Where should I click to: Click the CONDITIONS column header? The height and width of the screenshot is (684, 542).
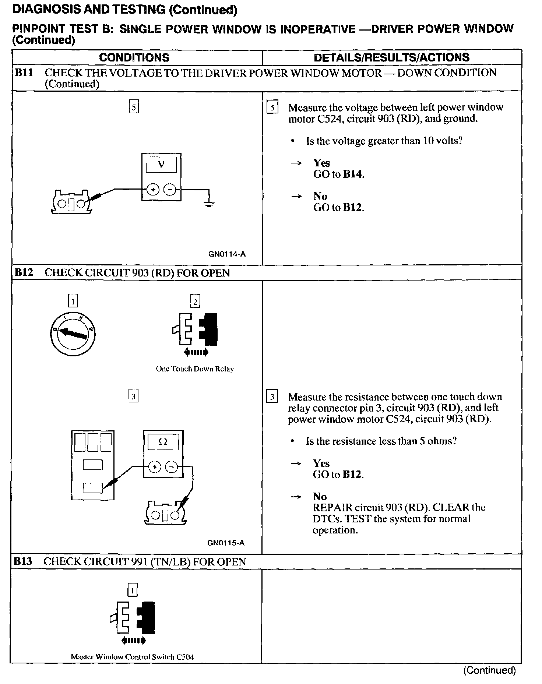tap(134, 57)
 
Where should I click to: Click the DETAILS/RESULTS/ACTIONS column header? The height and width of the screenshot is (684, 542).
tap(391, 57)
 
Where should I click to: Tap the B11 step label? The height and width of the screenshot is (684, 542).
tap(24, 73)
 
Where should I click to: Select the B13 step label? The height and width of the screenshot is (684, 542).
tap(23, 561)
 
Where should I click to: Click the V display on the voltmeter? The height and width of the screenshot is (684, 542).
tap(161, 165)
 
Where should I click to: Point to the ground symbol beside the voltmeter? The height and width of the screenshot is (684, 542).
tap(209, 204)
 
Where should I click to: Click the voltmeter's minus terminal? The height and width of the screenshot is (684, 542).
tap(169, 190)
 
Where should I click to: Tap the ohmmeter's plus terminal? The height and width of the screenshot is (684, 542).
tap(155, 467)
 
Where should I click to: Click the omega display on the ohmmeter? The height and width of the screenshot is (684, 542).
tap(163, 442)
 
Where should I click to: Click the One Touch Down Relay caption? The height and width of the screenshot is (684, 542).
tap(195, 369)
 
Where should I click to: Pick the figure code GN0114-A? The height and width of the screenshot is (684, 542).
tap(227, 254)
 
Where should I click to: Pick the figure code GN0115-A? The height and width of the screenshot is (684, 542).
tap(226, 543)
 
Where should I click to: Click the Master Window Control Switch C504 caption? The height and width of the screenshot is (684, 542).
tap(132, 657)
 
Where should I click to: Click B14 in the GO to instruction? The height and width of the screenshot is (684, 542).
tap(353, 174)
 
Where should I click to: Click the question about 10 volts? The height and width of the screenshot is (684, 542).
tap(384, 141)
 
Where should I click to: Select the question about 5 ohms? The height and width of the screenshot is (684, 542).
tap(381, 441)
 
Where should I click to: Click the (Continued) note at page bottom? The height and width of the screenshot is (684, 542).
tap(489, 670)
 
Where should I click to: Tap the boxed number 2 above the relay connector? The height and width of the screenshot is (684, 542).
tap(195, 302)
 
